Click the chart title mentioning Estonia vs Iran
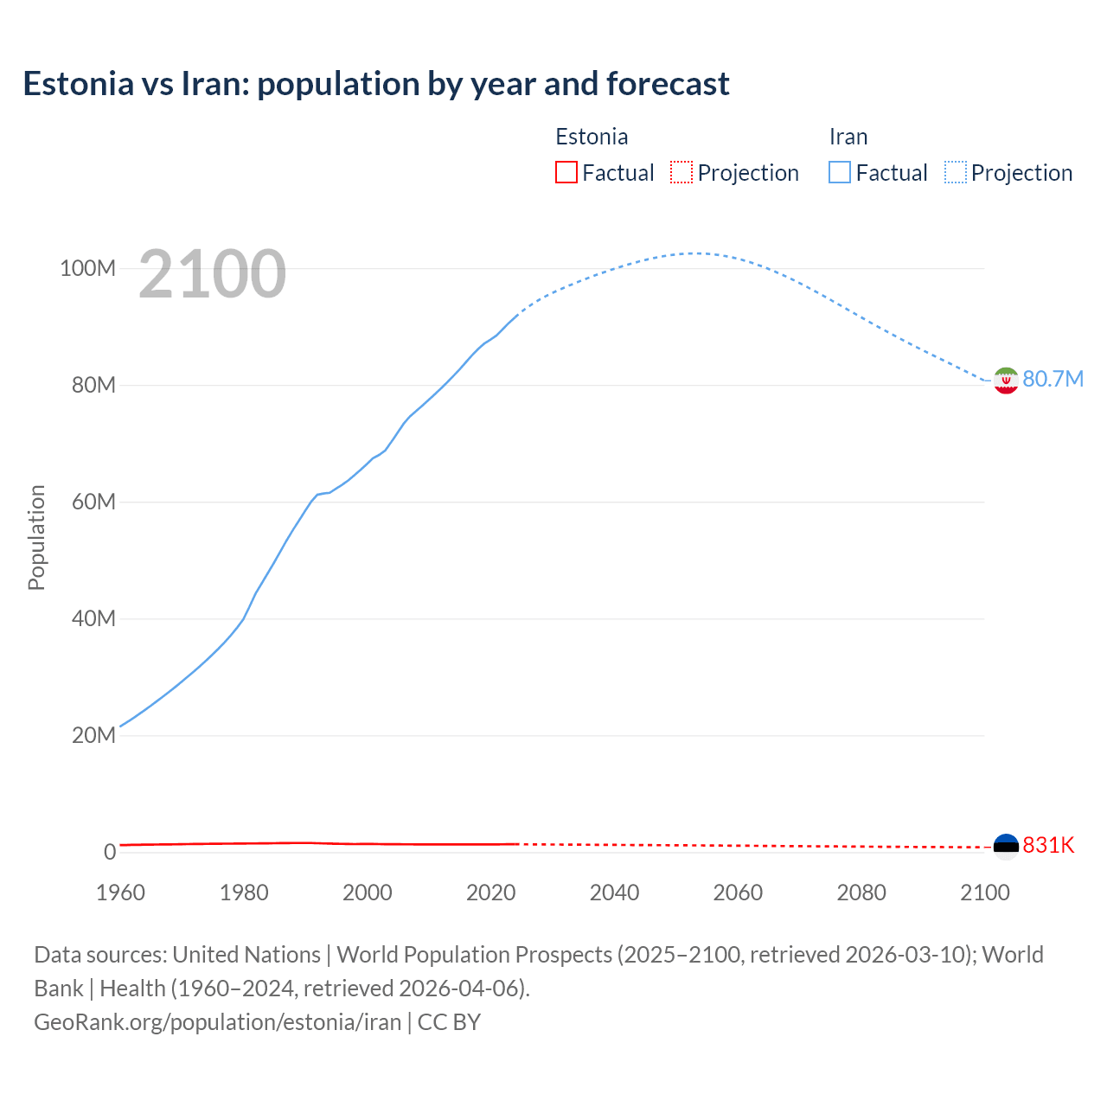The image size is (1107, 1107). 376,84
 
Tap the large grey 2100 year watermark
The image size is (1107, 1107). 212,274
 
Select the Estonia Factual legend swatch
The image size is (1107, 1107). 566,172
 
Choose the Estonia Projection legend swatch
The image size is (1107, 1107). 681,172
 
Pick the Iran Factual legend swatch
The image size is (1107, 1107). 840,172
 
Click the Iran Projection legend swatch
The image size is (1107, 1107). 956,172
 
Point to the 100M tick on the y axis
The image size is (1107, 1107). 87,268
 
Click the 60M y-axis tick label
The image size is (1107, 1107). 93,502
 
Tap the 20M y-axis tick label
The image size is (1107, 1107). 93,735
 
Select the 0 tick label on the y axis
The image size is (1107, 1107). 110,852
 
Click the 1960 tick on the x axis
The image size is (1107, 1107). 120,893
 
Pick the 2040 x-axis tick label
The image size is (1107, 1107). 614,893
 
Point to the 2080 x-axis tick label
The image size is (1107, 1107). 861,893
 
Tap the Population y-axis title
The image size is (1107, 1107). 36,537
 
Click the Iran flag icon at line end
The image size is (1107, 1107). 1006,380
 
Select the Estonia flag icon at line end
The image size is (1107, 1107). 1006,846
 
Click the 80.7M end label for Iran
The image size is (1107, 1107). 1053,380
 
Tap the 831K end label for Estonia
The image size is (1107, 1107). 1048,846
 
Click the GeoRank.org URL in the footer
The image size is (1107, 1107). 217,1022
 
